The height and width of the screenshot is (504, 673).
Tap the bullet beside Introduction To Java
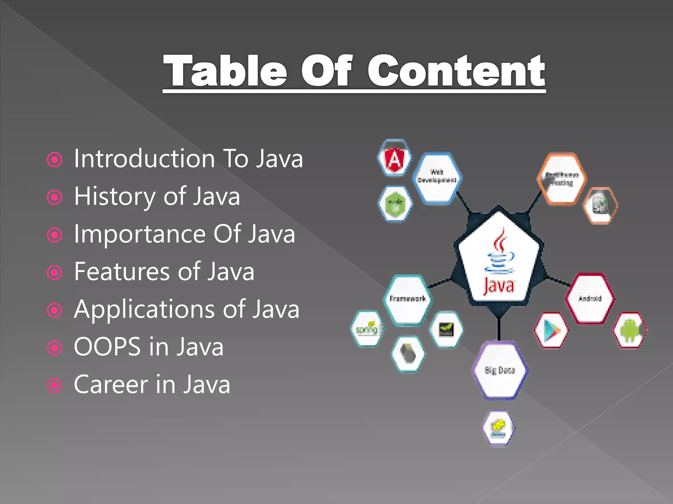55,160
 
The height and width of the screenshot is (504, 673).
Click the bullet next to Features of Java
55,273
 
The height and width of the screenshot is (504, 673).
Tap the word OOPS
107,347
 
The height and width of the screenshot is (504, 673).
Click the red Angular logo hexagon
394,158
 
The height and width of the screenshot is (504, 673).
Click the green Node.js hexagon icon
395,204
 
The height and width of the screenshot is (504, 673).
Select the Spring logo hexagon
367,328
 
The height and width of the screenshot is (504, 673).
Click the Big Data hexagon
500,370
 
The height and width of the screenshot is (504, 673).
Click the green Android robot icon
630,330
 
